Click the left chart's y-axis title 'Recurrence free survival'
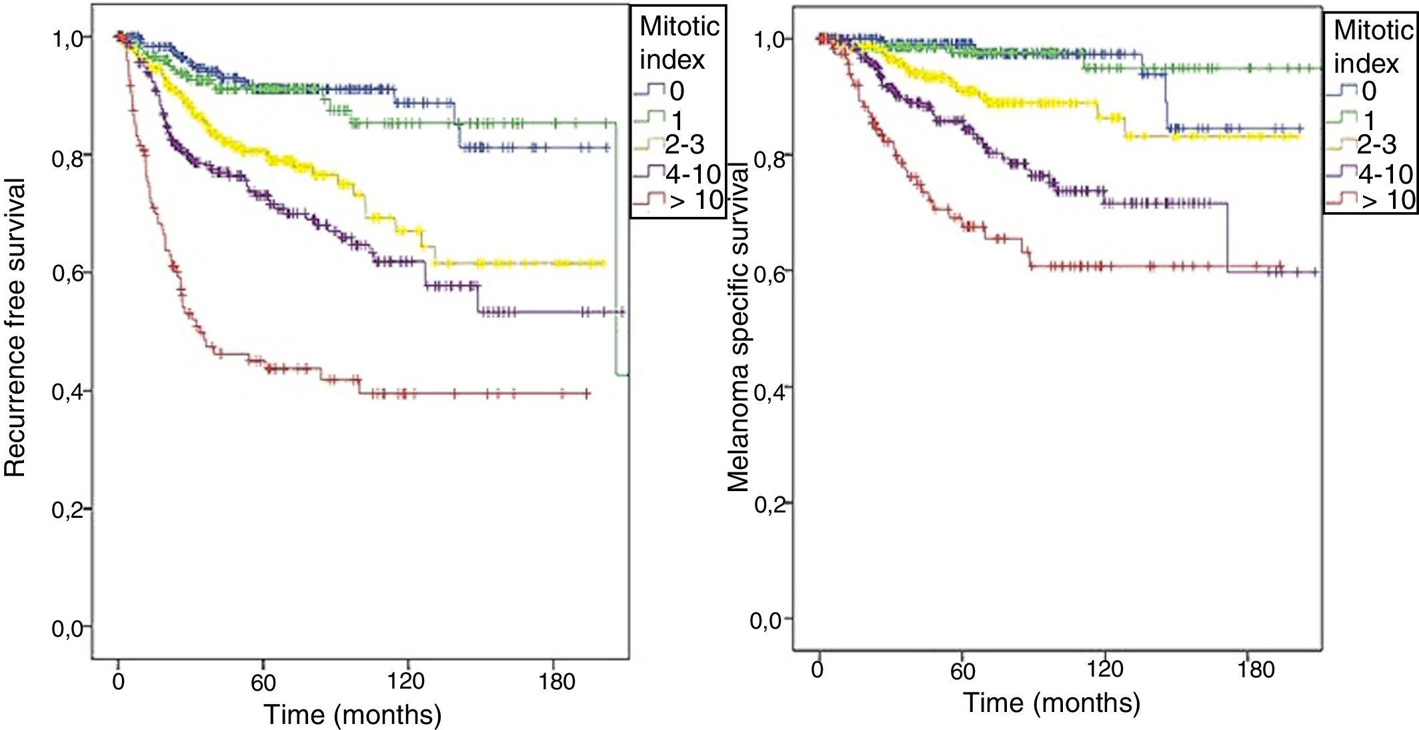(15, 327)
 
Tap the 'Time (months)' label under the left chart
(353, 715)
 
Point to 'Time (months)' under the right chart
(1052, 703)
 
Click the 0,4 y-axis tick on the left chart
(69, 391)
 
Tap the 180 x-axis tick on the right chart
(1256, 669)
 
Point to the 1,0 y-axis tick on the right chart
(770, 40)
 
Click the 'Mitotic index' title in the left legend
(678, 43)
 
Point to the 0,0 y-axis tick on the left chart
(69, 628)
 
